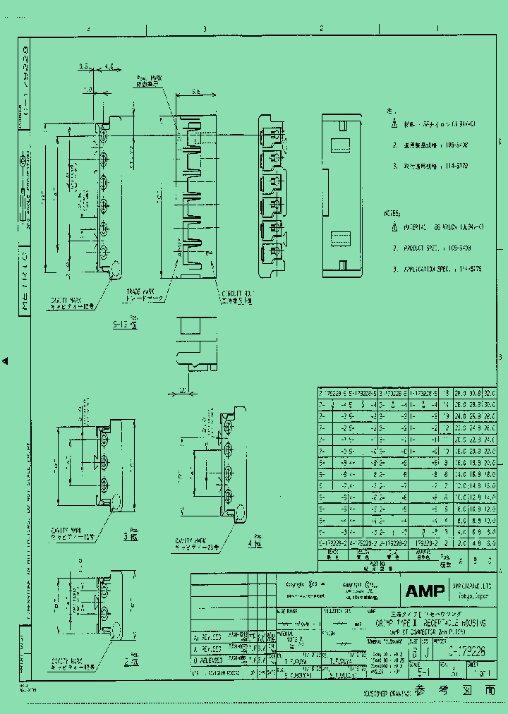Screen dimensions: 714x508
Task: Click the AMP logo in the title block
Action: (425, 591)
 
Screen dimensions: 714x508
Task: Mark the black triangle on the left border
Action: (6, 361)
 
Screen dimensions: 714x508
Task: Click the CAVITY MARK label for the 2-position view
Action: (66, 663)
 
